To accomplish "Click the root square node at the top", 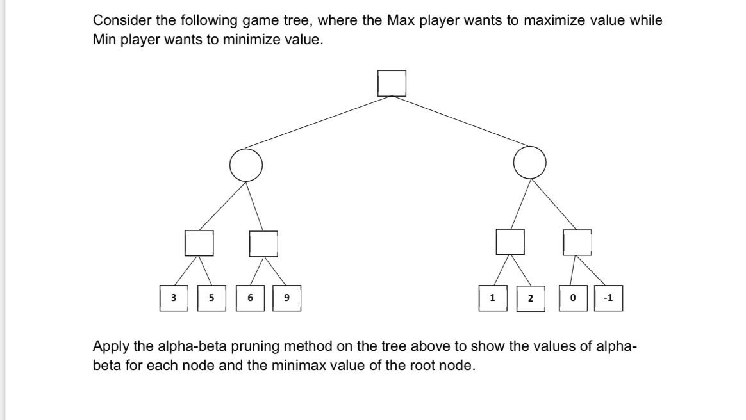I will click(392, 83).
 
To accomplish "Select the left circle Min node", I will click(246, 165).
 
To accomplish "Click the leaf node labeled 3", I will click(174, 298).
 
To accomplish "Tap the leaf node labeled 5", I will click(211, 298).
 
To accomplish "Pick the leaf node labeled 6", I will click(250, 298).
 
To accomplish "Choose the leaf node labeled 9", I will click(286, 298).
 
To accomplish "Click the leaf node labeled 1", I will click(492, 298).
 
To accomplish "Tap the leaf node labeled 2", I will click(530, 298).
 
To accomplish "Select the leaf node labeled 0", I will click(572, 298).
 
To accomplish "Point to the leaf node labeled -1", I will click(608, 298).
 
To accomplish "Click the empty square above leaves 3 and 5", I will click(199, 243).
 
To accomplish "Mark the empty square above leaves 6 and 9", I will click(263, 243).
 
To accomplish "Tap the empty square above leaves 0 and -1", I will click(577, 243).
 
